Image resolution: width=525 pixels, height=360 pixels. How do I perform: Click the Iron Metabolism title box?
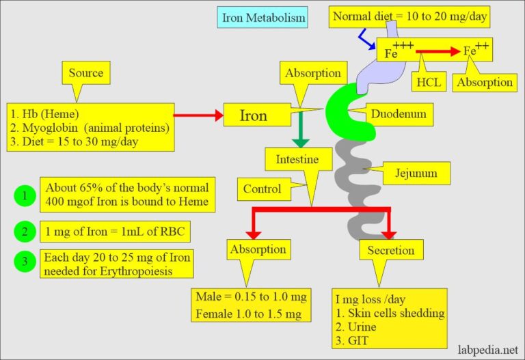click(261, 18)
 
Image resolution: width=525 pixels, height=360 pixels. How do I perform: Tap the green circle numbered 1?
click(24, 196)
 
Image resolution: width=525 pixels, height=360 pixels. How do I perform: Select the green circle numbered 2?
click(24, 232)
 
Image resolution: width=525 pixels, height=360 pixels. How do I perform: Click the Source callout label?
click(86, 72)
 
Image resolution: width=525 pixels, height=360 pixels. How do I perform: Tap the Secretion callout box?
click(390, 250)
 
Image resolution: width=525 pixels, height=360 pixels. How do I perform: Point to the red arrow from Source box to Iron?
click(198, 115)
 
